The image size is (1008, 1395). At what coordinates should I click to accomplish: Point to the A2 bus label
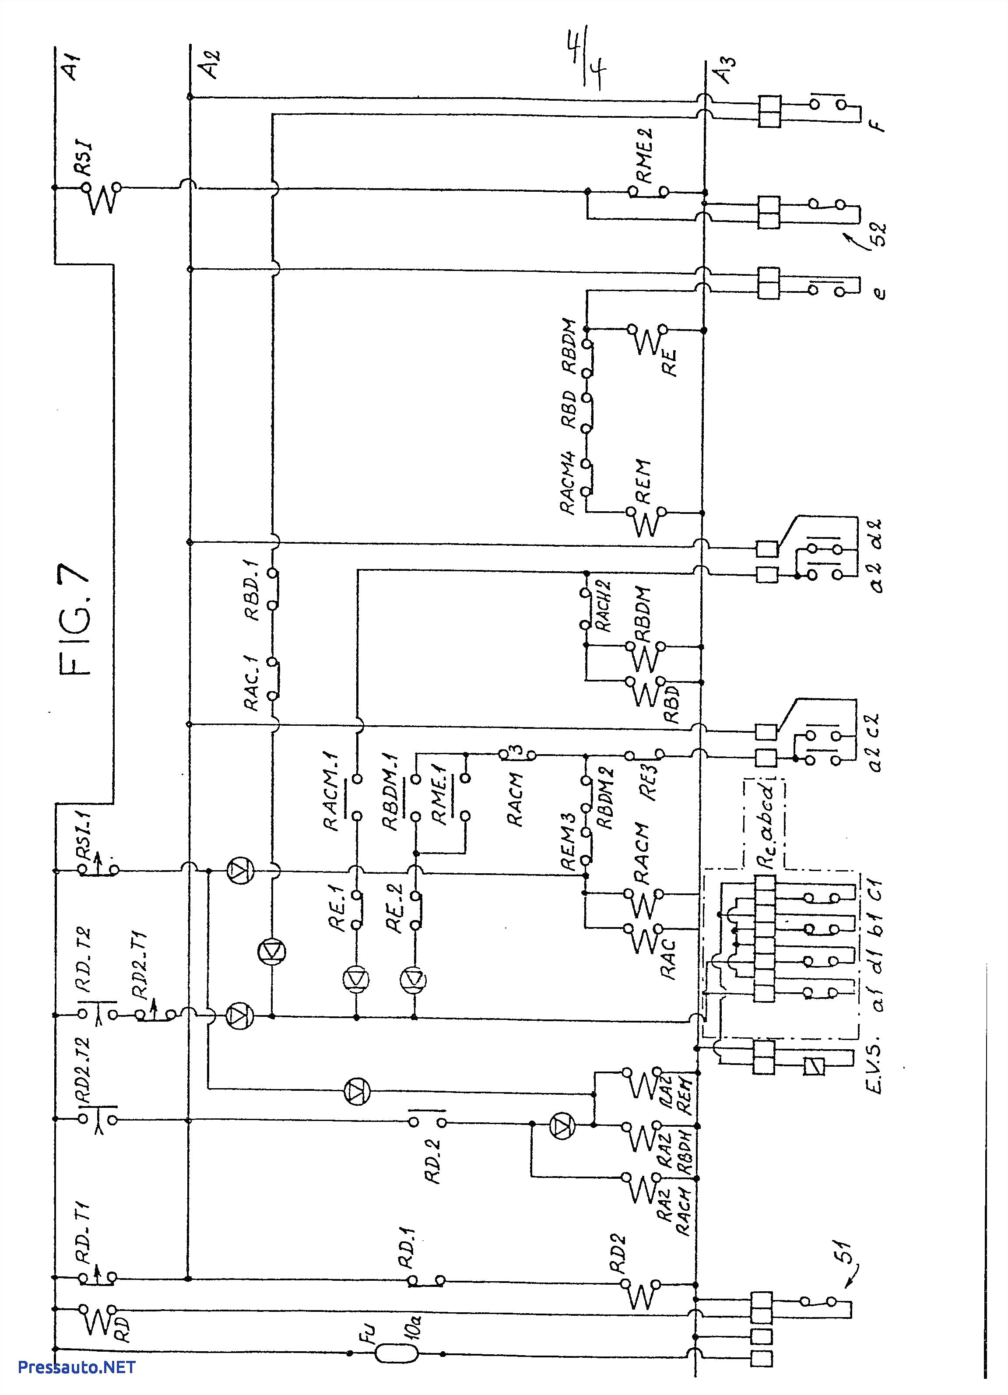coord(211,65)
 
